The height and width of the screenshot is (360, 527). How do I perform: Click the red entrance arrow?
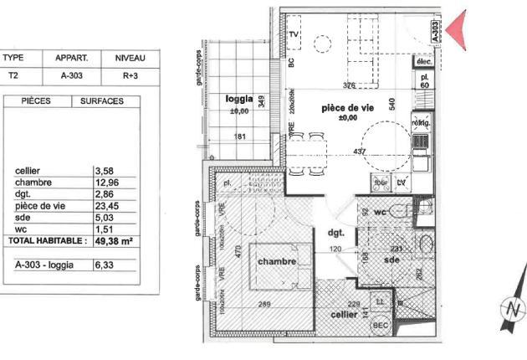(454, 31)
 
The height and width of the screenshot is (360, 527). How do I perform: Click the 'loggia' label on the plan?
(240, 100)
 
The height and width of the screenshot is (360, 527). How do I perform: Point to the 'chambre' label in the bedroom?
(276, 261)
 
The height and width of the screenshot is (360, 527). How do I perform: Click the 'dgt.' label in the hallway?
(337, 234)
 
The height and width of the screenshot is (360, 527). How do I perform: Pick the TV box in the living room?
(294, 34)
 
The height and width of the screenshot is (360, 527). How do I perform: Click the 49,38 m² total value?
(115, 240)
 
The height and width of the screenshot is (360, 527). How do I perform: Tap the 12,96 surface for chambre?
(106, 183)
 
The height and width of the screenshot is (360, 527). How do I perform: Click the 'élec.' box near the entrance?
(424, 63)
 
